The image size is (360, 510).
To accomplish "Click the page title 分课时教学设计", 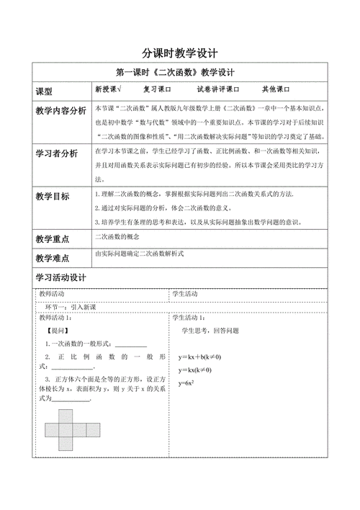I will click(179, 53).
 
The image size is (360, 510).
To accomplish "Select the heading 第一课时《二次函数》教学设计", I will click(179, 73).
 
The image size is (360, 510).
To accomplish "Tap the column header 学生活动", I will click(186, 294).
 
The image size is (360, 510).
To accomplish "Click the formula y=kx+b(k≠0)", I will click(199, 357).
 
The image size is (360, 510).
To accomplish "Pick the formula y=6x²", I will click(187, 382).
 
